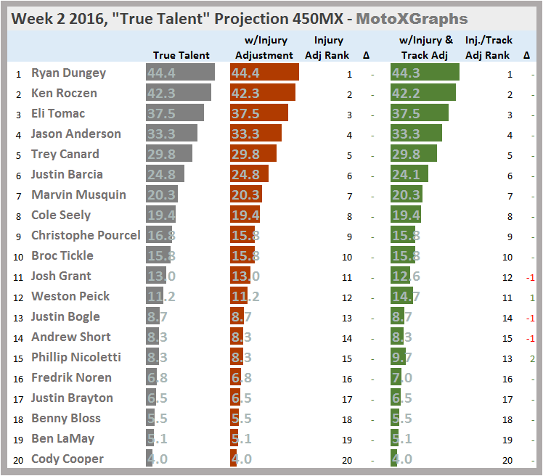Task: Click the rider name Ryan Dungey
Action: [x=68, y=73]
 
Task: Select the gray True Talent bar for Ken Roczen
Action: [x=179, y=93]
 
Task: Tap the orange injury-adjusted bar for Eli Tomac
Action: [x=258, y=113]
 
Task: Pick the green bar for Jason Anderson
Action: [x=416, y=134]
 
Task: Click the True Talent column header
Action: [x=181, y=55]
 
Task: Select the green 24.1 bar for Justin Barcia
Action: [x=409, y=174]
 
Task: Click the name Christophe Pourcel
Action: [x=86, y=235]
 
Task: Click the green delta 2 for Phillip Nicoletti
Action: [x=532, y=357]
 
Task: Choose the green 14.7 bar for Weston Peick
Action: [x=401, y=296]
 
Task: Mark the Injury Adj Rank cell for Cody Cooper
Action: [x=348, y=459]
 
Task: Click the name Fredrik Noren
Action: [x=71, y=377]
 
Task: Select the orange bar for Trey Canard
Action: [x=253, y=154]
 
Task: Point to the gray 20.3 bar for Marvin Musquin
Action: [x=162, y=194]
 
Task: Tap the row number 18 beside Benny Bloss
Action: [x=18, y=418]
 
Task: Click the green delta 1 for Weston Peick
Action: [x=532, y=296]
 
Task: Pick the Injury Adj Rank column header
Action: [x=332, y=48]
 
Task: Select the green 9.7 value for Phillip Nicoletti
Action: [x=401, y=357]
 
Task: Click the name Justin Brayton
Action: [x=72, y=398]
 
